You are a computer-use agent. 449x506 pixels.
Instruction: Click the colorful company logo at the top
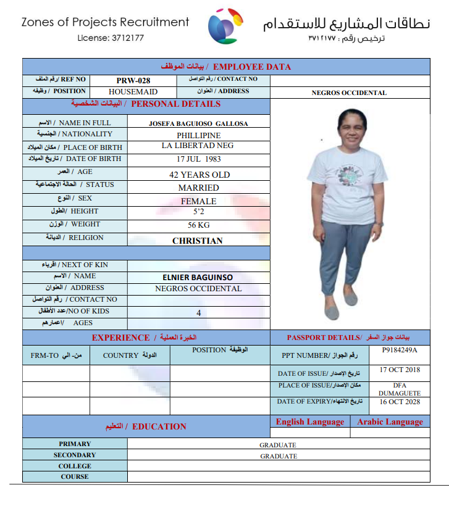(225, 25)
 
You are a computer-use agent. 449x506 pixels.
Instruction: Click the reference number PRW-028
(133, 80)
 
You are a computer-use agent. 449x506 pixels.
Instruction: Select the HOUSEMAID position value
(133, 91)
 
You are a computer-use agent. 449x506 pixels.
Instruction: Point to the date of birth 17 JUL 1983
(199, 159)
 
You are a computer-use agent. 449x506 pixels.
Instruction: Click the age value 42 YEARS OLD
(199, 175)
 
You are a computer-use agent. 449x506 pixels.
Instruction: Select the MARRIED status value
(199, 188)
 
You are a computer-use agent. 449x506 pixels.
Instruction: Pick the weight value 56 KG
(199, 225)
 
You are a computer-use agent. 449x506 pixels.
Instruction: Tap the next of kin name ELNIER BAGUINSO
(198, 277)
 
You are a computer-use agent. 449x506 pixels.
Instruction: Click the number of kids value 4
(199, 313)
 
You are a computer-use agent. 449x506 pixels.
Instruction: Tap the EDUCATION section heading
(159, 426)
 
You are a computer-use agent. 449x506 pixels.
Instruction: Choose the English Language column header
(310, 422)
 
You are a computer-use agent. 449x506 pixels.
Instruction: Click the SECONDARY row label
(75, 455)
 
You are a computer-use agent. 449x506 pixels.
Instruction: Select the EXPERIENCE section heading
(120, 338)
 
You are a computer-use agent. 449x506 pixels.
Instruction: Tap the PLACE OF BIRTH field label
(93, 147)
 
